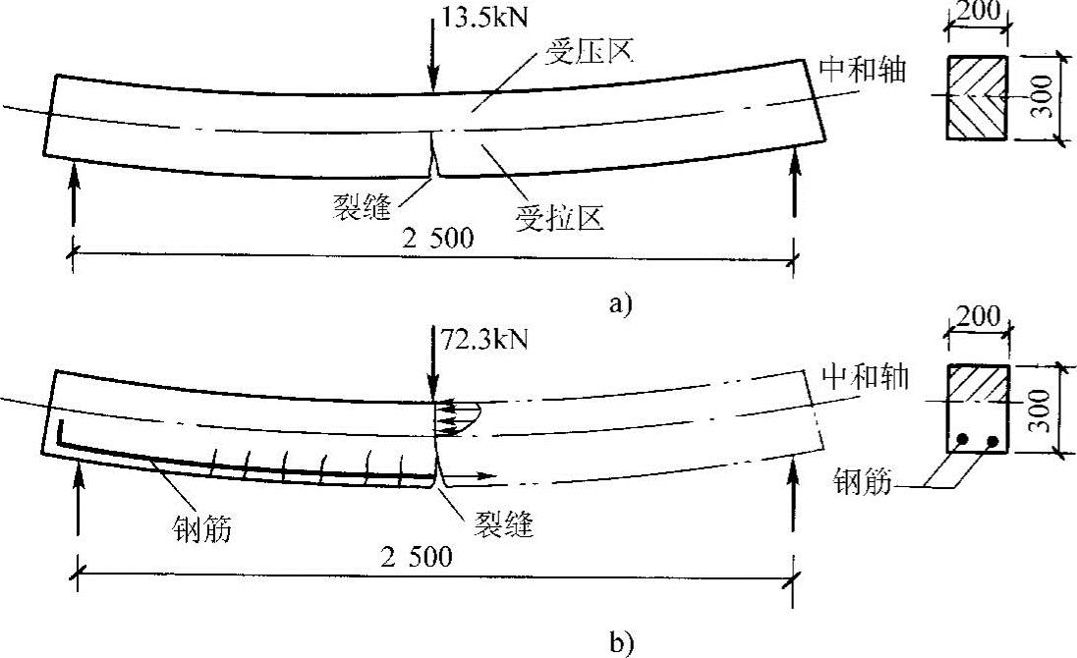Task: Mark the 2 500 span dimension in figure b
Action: click(423, 558)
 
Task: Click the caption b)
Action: click(620, 645)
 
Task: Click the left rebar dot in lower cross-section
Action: click(963, 439)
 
